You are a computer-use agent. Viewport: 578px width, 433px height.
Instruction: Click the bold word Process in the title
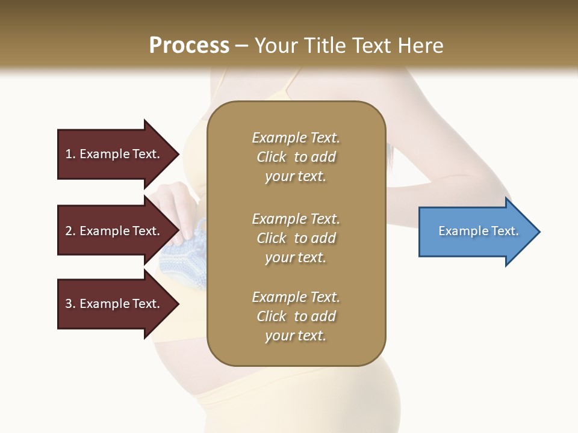(x=189, y=46)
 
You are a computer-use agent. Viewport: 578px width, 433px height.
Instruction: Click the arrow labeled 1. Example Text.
(x=114, y=154)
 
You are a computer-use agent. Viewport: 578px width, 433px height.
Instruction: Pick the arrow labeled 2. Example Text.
(x=114, y=231)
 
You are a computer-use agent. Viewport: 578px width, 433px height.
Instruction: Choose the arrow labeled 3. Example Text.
(x=114, y=304)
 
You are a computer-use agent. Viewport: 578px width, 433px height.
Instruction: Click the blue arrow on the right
(x=476, y=232)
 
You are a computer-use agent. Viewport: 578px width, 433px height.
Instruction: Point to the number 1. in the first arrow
(x=70, y=154)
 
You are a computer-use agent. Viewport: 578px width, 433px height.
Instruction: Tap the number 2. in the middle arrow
(x=70, y=231)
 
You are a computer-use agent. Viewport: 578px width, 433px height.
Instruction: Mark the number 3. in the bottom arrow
(x=70, y=304)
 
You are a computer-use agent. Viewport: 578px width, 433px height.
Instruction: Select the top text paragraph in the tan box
(x=296, y=157)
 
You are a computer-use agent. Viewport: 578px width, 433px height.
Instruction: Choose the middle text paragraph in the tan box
(x=296, y=238)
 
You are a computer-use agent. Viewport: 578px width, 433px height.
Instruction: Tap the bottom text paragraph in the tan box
(x=296, y=316)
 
